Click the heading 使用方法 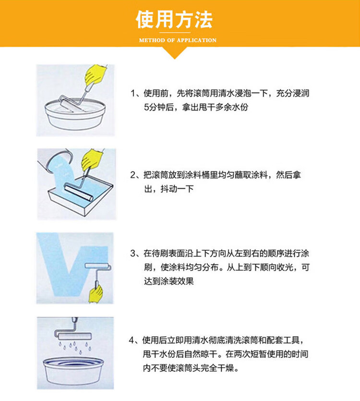(174, 19)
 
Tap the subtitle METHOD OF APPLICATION (178, 40)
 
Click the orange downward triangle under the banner (175, 53)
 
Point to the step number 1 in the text (133, 93)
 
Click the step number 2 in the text (133, 175)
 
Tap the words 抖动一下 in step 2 (177, 189)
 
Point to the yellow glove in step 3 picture (96, 294)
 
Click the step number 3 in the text (133, 254)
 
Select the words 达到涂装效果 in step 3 (169, 281)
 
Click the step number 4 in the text (132, 340)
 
